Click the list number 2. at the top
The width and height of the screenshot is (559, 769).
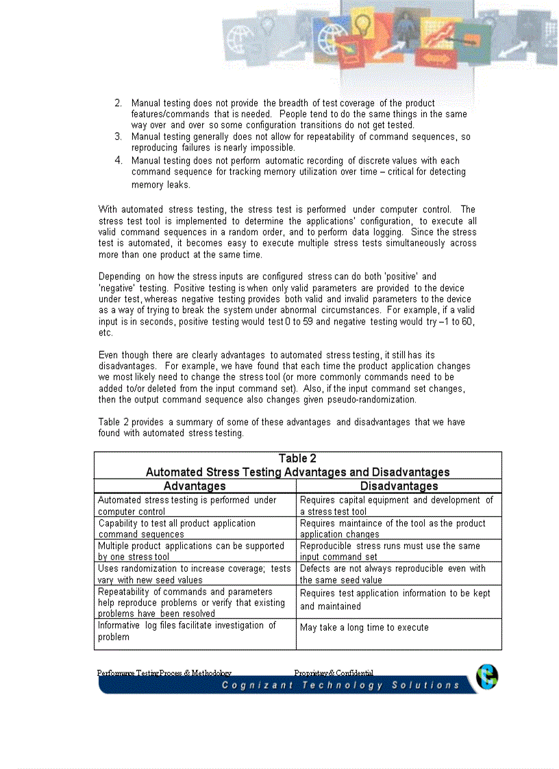coord(118,103)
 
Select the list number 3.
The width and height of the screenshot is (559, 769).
coord(118,137)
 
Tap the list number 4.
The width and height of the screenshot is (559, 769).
coord(118,160)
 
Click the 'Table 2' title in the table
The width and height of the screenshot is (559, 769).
coord(297,459)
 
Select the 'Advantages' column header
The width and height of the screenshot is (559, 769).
coord(195,486)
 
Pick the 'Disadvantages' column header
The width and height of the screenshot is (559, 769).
coord(399,486)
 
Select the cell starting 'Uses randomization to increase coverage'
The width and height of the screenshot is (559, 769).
coord(194,574)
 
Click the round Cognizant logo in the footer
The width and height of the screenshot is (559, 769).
coord(487,677)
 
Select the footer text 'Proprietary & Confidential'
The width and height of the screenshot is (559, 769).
coord(334,672)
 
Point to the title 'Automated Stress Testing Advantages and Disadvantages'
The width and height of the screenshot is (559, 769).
coord(297,472)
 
